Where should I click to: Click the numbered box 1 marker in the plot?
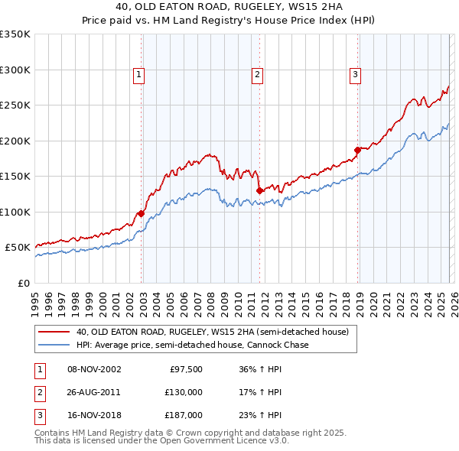coord(138,74)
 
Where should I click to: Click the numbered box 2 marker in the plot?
coord(257,74)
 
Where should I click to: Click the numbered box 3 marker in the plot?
coord(356,74)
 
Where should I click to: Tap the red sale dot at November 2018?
coord(357,150)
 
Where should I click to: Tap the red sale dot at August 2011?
coord(259,190)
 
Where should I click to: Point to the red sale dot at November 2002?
coord(141,214)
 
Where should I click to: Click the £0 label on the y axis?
coord(23,283)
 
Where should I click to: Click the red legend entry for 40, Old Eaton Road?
coord(212,332)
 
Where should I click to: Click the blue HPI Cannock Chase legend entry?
coord(192,345)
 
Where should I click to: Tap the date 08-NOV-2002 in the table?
coord(94,369)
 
